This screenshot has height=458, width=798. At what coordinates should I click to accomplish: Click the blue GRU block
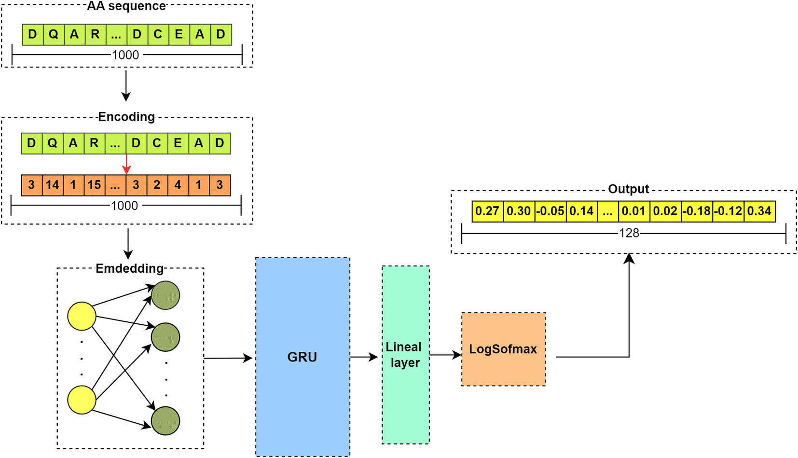pyautogui.click(x=303, y=357)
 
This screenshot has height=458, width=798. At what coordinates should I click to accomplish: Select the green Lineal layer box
pyautogui.click(x=405, y=355)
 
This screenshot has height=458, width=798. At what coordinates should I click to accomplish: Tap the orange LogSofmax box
pyautogui.click(x=503, y=349)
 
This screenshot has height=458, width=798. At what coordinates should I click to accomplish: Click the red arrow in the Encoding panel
pyautogui.click(x=126, y=164)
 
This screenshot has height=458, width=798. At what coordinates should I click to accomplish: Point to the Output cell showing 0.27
pyautogui.click(x=487, y=211)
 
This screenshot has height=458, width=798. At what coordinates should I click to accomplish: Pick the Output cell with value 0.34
pyautogui.click(x=759, y=211)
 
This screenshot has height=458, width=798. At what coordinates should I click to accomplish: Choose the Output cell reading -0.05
pyautogui.click(x=550, y=211)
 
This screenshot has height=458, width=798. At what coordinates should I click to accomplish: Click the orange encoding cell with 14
pyautogui.click(x=52, y=185)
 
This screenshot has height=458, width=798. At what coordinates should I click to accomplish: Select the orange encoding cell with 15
pyautogui.click(x=94, y=185)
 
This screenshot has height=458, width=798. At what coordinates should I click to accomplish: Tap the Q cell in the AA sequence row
pyautogui.click(x=53, y=35)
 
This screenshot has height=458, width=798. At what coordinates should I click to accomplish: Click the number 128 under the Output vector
pyautogui.click(x=629, y=234)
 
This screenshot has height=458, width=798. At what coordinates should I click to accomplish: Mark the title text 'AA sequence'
pyautogui.click(x=126, y=6)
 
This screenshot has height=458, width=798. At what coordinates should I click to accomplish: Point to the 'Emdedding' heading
pyautogui.click(x=129, y=269)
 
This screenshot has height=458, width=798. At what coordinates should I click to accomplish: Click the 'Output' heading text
pyautogui.click(x=628, y=189)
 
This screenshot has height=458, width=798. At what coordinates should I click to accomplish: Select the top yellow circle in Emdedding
pyautogui.click(x=82, y=316)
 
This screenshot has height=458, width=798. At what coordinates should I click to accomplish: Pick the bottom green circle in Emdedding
pyautogui.click(x=165, y=421)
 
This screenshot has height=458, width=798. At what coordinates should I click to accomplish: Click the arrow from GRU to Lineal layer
pyautogui.click(x=364, y=357)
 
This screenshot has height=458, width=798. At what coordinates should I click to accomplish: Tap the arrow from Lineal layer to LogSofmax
pyautogui.click(x=445, y=355)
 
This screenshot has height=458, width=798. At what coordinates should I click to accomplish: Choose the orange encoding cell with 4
pyautogui.click(x=178, y=185)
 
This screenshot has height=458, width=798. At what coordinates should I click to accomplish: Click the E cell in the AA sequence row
pyautogui.click(x=179, y=35)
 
